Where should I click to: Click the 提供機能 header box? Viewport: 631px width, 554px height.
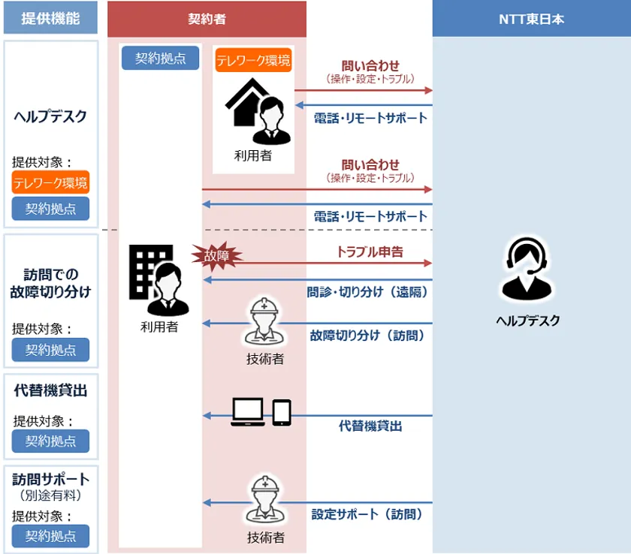click(x=51, y=18)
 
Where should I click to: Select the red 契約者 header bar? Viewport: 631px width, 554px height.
click(x=207, y=19)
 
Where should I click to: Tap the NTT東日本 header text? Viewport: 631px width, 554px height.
click(x=531, y=19)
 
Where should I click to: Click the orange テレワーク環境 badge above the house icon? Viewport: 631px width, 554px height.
click(x=254, y=60)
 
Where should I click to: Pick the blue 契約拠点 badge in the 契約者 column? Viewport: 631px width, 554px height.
click(x=161, y=59)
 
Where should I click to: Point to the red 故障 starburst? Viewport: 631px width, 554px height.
click(x=217, y=256)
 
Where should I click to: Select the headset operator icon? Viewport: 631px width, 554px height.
click(x=527, y=269)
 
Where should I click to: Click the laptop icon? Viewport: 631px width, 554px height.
click(x=248, y=411)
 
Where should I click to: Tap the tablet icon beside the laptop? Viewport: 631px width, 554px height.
click(x=282, y=412)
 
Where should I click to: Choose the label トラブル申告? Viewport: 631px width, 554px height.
click(x=370, y=251)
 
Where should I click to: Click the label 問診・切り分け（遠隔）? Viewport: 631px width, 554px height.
click(x=367, y=292)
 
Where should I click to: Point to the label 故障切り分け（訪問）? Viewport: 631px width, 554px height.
click(x=367, y=336)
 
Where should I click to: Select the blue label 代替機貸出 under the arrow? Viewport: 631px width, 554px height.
click(x=370, y=426)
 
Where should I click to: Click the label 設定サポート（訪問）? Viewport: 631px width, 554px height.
click(x=367, y=514)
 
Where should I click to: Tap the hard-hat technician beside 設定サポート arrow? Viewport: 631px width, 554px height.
click(x=264, y=500)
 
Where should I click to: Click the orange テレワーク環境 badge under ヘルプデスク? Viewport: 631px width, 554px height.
click(x=51, y=182)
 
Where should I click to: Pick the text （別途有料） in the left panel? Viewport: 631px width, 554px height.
click(x=51, y=495)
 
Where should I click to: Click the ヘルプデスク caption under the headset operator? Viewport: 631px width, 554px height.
click(x=528, y=321)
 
